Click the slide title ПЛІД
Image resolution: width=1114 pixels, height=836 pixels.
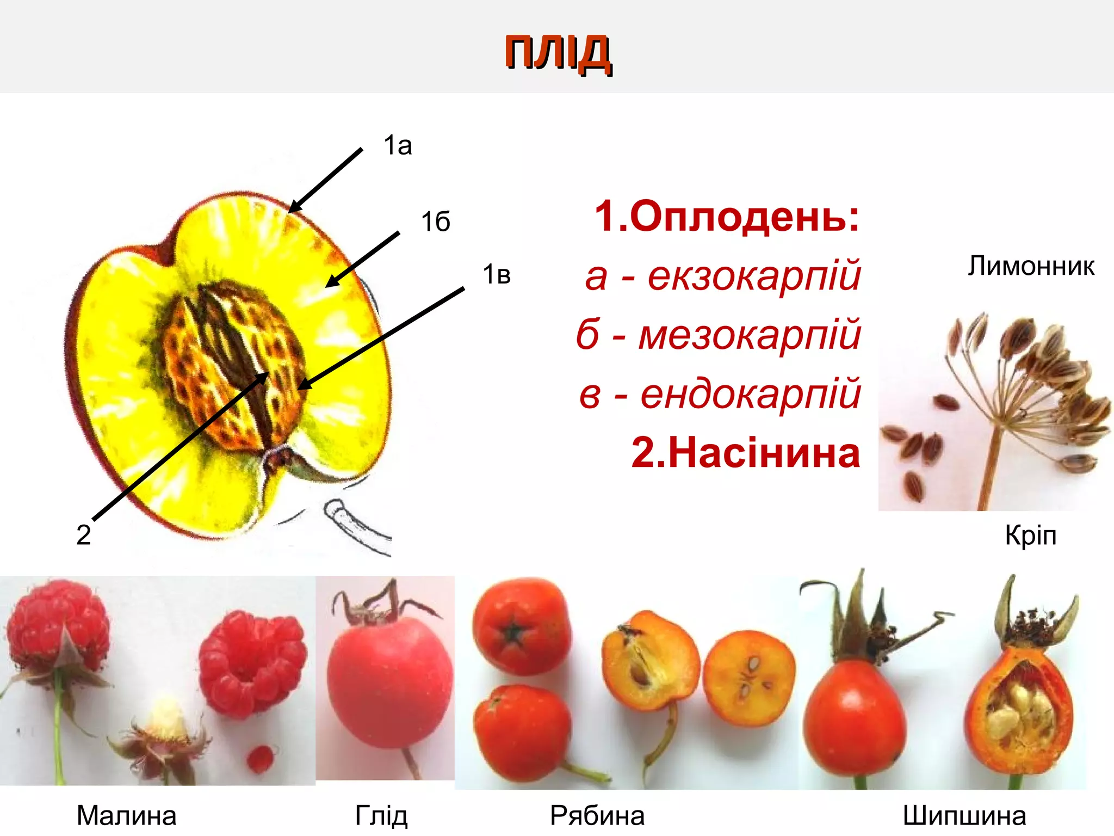tap(558, 52)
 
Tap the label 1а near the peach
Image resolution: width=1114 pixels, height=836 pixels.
tap(398, 146)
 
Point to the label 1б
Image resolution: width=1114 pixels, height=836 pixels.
tap(436, 222)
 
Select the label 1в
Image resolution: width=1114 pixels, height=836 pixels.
tap(497, 275)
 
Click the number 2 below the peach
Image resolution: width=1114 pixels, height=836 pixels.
tap(83, 535)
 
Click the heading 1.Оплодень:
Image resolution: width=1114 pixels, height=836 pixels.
tap(727, 216)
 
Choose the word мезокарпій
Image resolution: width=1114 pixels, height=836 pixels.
tap(749, 335)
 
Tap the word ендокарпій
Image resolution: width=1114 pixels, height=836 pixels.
tap(750, 394)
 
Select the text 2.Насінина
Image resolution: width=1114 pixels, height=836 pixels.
tap(745, 453)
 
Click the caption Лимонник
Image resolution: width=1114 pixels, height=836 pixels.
tap(1031, 267)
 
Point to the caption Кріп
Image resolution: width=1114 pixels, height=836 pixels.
tap(1030, 536)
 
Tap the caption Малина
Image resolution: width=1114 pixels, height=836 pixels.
tap(127, 815)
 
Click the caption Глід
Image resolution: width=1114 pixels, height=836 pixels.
tap(381, 815)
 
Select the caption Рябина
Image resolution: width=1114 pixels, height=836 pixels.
tap(597, 815)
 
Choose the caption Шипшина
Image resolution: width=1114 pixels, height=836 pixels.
tap(964, 815)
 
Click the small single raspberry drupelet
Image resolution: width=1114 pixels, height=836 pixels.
tap(260, 758)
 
